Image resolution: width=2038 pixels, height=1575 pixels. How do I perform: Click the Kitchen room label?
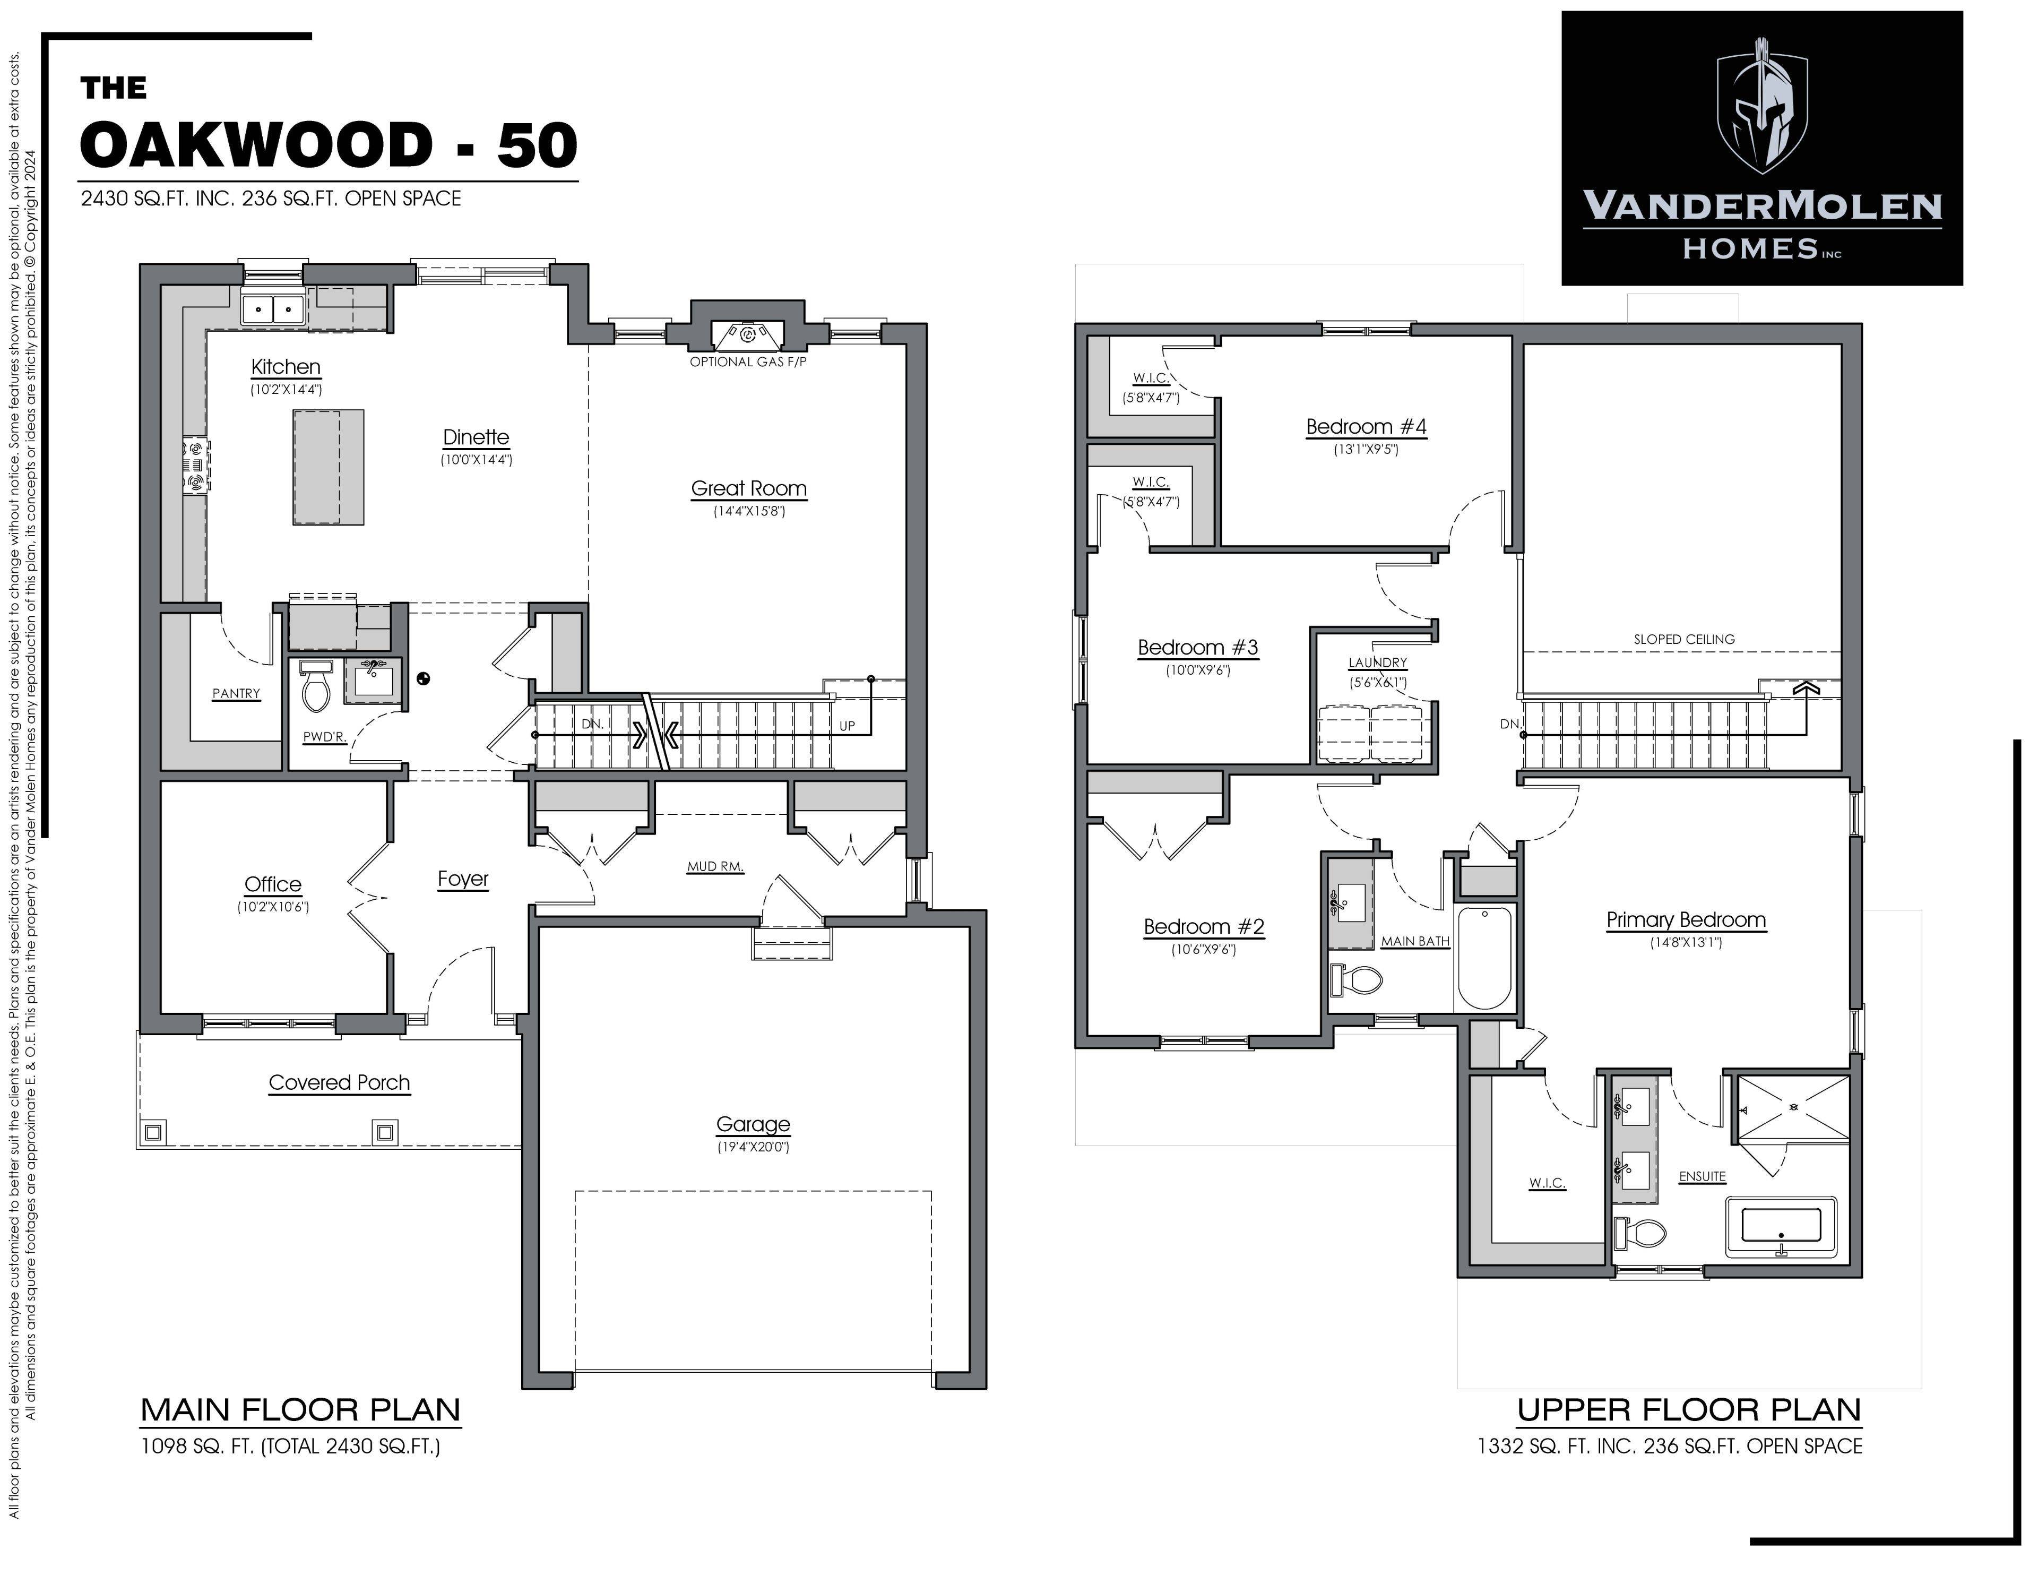pyautogui.click(x=286, y=367)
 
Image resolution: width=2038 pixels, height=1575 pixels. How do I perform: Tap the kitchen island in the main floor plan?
pyautogui.click(x=329, y=467)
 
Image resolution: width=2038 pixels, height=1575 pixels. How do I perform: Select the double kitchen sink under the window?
pyautogui.click(x=272, y=308)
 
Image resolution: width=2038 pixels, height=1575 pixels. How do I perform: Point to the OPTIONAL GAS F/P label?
pyautogui.click(x=747, y=362)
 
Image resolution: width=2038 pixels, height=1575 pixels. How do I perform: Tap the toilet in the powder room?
pyautogui.click(x=316, y=689)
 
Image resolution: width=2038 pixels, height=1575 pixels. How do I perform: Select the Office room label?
pyautogui.click(x=272, y=884)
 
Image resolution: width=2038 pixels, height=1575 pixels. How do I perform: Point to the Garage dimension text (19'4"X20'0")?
pyautogui.click(x=753, y=1147)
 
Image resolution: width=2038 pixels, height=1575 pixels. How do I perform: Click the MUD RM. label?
pyautogui.click(x=715, y=866)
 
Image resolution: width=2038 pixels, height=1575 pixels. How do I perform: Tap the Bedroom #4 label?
pyautogui.click(x=1366, y=427)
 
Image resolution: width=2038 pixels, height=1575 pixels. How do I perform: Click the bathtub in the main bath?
pyautogui.click(x=1484, y=957)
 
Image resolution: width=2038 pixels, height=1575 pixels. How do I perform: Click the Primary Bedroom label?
pyautogui.click(x=1685, y=919)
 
